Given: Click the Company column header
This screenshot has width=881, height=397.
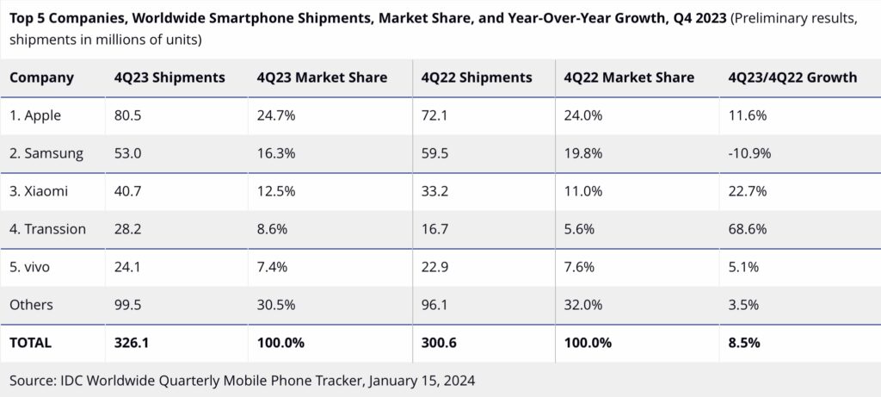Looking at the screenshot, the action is (x=41, y=78).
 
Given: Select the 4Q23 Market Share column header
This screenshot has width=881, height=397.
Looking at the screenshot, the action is (x=322, y=78).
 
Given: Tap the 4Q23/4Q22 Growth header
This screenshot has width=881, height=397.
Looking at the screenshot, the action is (x=792, y=78).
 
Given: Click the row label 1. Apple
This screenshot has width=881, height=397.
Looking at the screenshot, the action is (x=35, y=116).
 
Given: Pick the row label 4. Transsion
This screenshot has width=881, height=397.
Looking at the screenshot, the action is (x=48, y=229).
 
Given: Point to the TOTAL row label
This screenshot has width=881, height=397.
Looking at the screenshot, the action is (x=30, y=343).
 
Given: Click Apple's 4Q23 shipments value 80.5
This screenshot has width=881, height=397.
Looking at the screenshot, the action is (x=126, y=116).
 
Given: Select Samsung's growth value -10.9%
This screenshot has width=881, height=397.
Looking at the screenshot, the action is (x=749, y=153).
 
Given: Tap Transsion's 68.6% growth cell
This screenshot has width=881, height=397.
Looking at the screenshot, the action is (x=748, y=229).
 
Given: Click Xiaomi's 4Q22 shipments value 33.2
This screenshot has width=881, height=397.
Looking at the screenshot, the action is (x=434, y=191).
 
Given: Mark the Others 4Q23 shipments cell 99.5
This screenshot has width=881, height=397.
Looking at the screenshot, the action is (x=127, y=304).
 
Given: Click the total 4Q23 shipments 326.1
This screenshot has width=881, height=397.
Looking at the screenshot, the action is (x=132, y=343).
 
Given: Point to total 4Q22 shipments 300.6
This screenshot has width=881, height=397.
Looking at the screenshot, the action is (x=440, y=343).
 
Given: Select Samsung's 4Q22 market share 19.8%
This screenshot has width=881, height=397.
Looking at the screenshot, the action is (x=583, y=153).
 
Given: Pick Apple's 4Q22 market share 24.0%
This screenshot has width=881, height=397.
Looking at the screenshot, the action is (x=583, y=116).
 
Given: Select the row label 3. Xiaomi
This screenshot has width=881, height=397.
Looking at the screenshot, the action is (x=39, y=191).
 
